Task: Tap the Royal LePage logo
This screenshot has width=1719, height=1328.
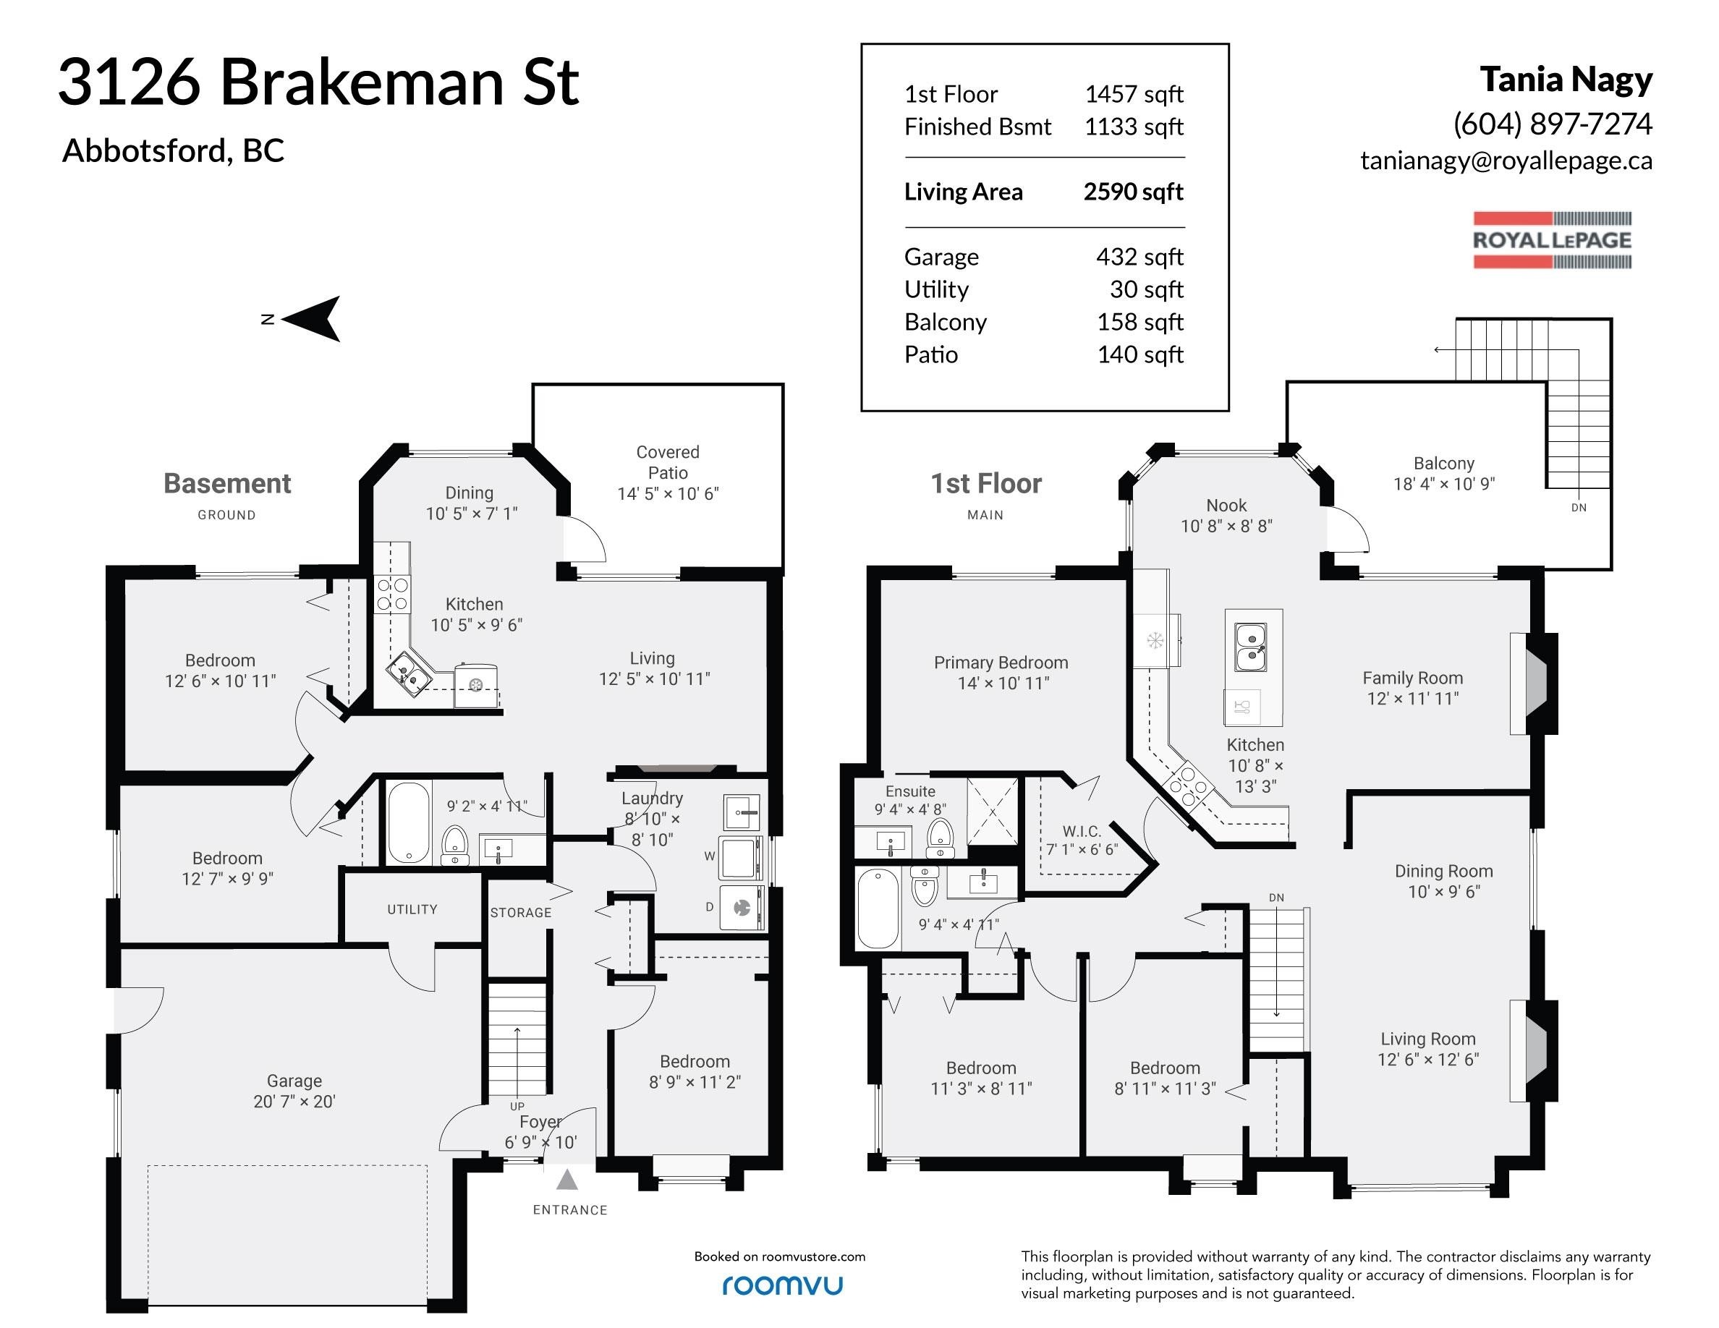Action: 1552,240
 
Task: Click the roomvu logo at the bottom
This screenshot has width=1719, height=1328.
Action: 782,1285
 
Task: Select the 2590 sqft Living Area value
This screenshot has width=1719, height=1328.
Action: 1134,191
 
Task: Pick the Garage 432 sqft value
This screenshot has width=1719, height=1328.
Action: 1139,257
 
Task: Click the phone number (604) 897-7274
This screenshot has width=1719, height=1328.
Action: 1552,124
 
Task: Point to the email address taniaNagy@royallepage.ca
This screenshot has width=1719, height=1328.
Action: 1506,161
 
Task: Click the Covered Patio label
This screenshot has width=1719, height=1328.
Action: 668,463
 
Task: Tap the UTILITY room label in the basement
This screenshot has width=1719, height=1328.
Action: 412,909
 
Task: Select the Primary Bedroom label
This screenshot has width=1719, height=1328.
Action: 1001,663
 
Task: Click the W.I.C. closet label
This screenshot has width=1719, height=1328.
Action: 1082,831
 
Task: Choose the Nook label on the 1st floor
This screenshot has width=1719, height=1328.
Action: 1226,505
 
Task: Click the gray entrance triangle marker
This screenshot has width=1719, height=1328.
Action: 566,1180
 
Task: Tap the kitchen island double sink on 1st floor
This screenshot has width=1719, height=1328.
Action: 1250,647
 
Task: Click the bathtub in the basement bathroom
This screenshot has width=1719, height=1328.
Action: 408,822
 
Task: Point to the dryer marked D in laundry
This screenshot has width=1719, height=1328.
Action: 742,908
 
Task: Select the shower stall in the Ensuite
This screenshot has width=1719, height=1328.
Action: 992,812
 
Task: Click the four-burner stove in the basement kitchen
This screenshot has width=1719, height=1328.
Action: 392,594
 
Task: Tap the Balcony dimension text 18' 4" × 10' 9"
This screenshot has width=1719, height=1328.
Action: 1443,485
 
